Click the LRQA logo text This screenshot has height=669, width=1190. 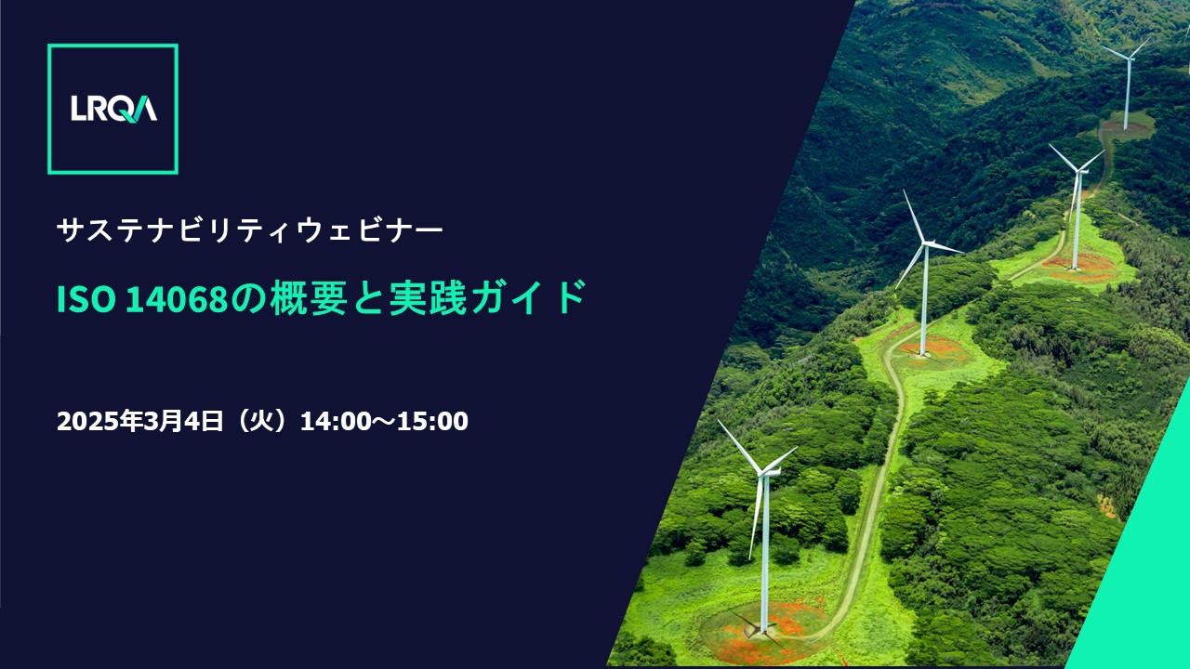click(x=113, y=109)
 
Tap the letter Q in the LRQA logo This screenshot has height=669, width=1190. click(x=125, y=110)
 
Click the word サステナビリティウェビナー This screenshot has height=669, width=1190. click(x=250, y=230)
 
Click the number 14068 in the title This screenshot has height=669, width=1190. click(x=177, y=299)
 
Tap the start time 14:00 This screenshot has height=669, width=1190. click(x=336, y=421)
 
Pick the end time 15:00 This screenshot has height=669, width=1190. click(x=432, y=421)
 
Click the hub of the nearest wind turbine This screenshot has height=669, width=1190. click(x=763, y=473)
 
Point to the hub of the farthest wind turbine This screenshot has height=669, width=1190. click(x=1129, y=59)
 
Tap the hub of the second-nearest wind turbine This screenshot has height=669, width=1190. click(x=926, y=244)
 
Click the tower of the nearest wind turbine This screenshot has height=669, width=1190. click(x=765, y=552)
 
